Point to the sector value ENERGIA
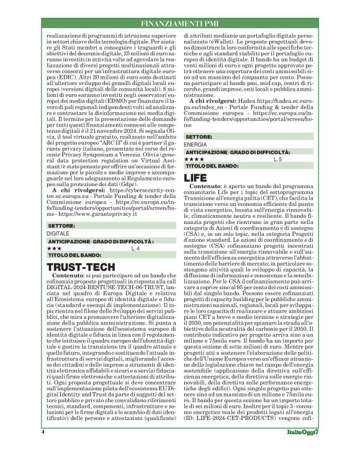(x=196, y=143)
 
